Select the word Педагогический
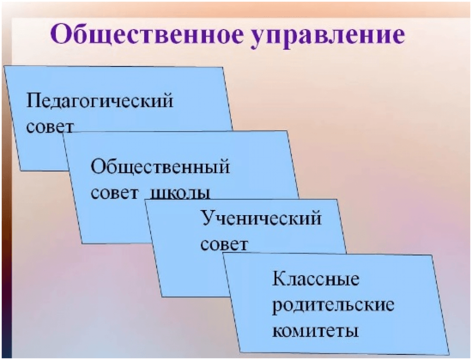pyautogui.click(x=100, y=101)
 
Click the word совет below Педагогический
pyautogui.click(x=50, y=127)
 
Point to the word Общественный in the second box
pyautogui.click(x=160, y=167)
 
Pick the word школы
pyautogui.click(x=180, y=194)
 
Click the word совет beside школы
pyautogui.click(x=114, y=194)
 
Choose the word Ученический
pyautogui.click(x=261, y=219)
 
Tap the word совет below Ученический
pyautogui.click(x=224, y=244)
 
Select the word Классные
pyautogui.click(x=316, y=279)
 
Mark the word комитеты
pyautogui.click(x=315, y=331)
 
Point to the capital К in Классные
pyautogui.click(x=279, y=278)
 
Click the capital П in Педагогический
pyautogui.click(x=33, y=100)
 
